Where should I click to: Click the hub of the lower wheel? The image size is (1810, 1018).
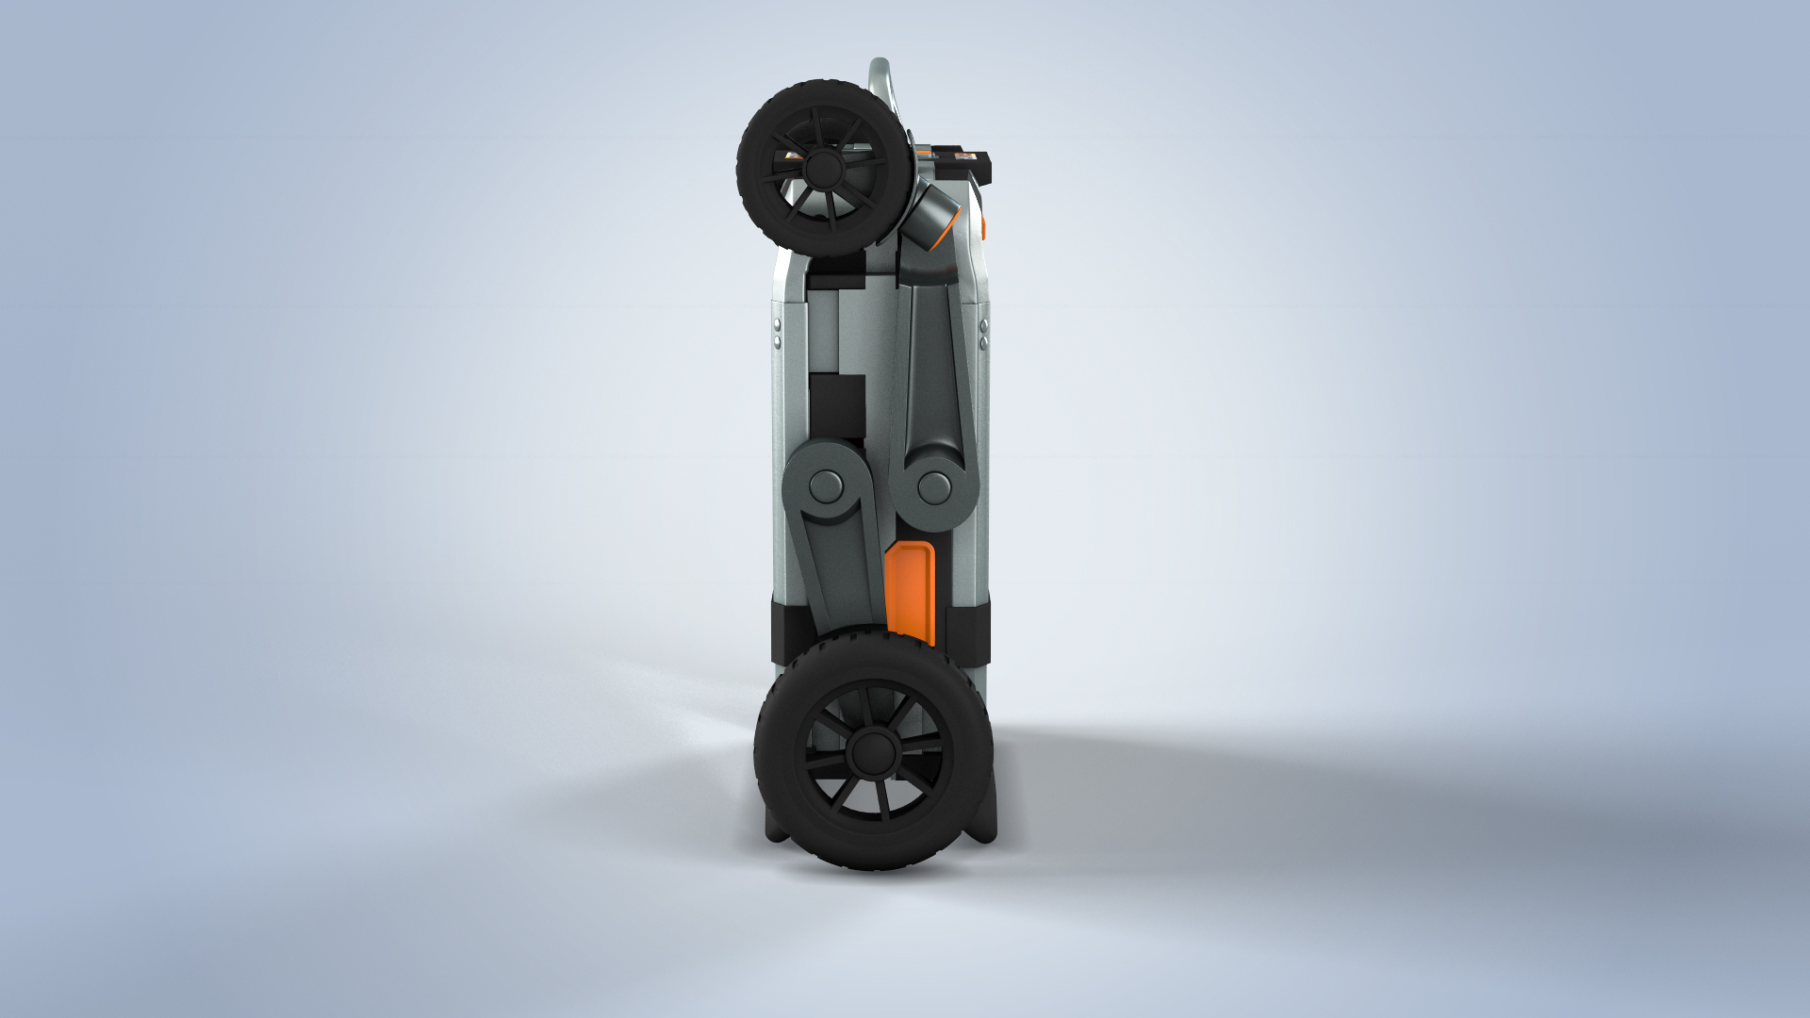872,751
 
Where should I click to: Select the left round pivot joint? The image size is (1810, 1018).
827,487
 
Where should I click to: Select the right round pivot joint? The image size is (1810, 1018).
934,487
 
